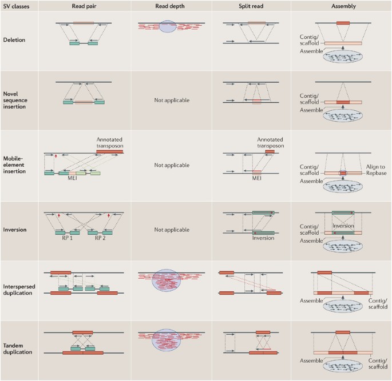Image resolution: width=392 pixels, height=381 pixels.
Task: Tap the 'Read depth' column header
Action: [172, 6]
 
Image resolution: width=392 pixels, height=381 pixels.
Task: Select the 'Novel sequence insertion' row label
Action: [19, 101]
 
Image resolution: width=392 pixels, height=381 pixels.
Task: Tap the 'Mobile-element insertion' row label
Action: [18, 165]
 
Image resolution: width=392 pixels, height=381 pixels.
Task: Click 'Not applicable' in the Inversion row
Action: [172, 230]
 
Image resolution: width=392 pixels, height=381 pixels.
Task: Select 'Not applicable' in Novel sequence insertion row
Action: [172, 101]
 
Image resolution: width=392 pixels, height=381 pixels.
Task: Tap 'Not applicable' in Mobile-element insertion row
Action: [172, 165]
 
